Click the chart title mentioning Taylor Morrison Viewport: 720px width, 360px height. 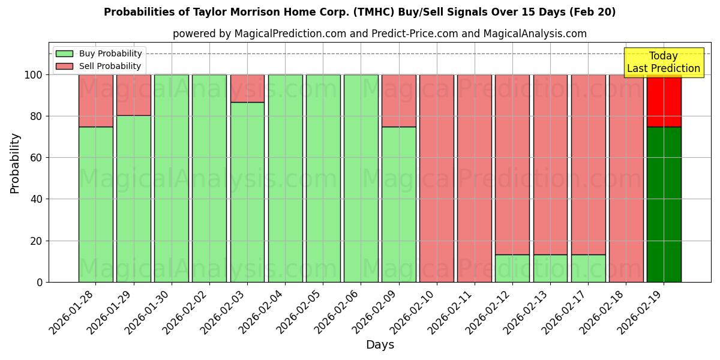[359, 12]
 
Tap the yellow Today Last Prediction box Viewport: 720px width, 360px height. [663, 62]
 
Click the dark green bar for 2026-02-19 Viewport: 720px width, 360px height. [664, 204]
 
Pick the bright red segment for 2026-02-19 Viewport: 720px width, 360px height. [664, 100]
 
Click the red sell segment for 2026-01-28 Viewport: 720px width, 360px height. [96, 100]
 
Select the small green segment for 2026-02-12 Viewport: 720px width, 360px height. [512, 268]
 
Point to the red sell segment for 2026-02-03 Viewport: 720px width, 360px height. [247, 88]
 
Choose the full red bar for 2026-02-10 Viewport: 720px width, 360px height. [437, 178]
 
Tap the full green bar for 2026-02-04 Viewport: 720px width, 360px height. [285, 178]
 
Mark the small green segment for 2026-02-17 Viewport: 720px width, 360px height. [588, 268]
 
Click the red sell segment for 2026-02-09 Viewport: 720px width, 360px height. [399, 100]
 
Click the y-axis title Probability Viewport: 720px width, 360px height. [15, 163]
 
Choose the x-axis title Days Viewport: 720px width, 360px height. [380, 345]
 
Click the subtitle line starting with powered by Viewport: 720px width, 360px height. [380, 34]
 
